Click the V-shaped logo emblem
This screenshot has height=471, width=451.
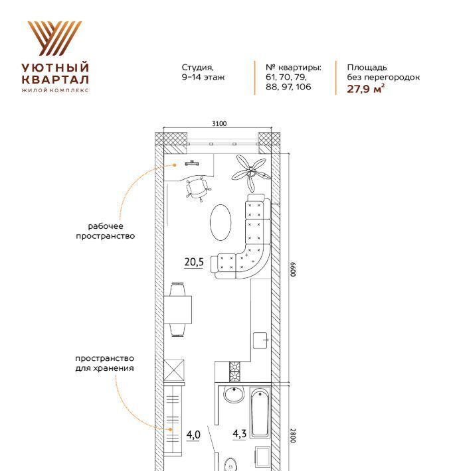click(x=54, y=38)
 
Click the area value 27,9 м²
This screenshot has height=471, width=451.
click(x=365, y=89)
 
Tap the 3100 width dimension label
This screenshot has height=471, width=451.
click(x=219, y=123)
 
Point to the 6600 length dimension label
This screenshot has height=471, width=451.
click(x=293, y=269)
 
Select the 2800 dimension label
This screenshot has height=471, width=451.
click(x=293, y=435)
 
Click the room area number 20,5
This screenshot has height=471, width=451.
click(x=194, y=262)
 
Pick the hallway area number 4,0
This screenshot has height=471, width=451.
click(x=193, y=435)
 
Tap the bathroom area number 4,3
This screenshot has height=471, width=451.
click(x=240, y=433)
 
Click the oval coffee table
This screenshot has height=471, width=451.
click(x=221, y=222)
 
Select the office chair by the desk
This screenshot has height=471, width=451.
click(x=198, y=188)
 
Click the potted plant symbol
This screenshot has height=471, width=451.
click(x=251, y=172)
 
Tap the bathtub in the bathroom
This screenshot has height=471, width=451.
click(x=260, y=413)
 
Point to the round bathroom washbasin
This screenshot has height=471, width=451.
click(x=234, y=395)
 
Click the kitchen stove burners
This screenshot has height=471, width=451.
click(x=235, y=371)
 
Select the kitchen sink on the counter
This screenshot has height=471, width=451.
click(x=260, y=340)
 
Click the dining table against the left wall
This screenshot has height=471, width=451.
click(x=178, y=309)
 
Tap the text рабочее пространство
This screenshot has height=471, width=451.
click(x=105, y=231)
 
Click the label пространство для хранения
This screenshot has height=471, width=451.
click(x=105, y=363)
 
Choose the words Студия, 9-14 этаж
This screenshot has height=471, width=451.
click(x=203, y=72)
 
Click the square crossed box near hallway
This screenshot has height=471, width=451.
click(x=174, y=370)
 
